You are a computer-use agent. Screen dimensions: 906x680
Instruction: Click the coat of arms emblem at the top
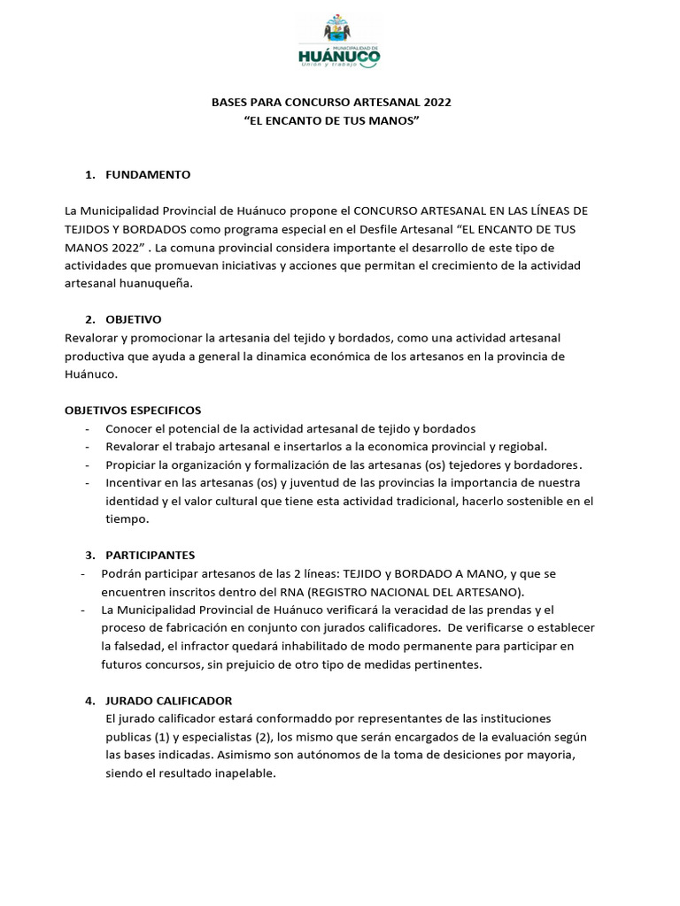pos(339,30)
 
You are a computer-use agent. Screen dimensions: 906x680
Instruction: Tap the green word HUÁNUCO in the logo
pos(340,58)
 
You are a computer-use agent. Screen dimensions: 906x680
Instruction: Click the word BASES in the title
pos(228,103)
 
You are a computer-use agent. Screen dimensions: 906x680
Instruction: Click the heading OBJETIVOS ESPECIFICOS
pos(133,411)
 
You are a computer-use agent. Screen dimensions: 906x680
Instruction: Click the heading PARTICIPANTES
pos(150,556)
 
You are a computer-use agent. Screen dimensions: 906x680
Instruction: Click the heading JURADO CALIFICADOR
pos(169,701)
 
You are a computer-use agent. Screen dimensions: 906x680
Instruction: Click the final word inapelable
pos(244,772)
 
